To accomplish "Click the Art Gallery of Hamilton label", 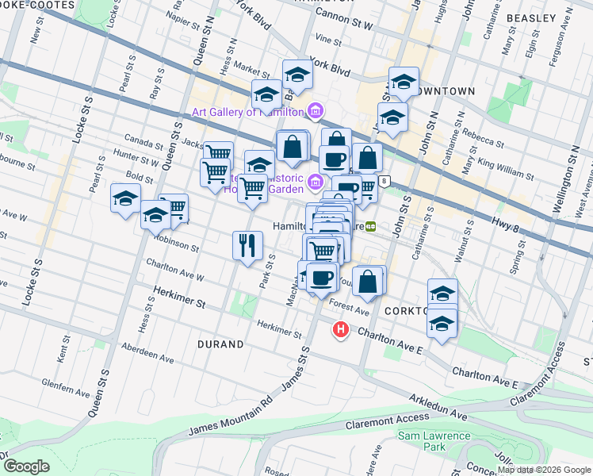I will [247, 112].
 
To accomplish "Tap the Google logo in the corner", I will [26, 466].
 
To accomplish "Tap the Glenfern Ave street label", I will [71, 391].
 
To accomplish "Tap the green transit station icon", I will [370, 226].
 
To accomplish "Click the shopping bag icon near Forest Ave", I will [369, 281].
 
